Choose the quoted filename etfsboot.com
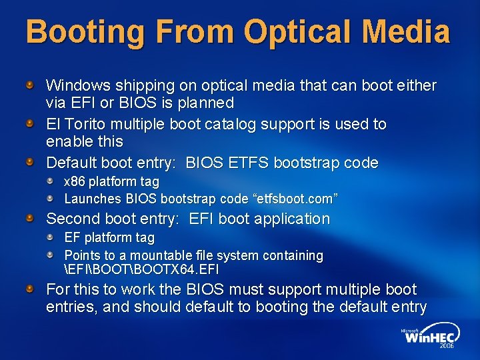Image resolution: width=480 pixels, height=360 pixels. (294, 199)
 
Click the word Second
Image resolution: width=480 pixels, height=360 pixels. (71, 219)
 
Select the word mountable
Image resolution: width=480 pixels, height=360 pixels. (163, 255)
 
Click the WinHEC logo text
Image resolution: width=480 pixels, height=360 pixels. (429, 338)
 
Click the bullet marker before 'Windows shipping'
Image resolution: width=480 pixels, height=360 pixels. (31, 85)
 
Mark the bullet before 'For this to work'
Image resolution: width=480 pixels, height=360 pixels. (31, 289)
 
